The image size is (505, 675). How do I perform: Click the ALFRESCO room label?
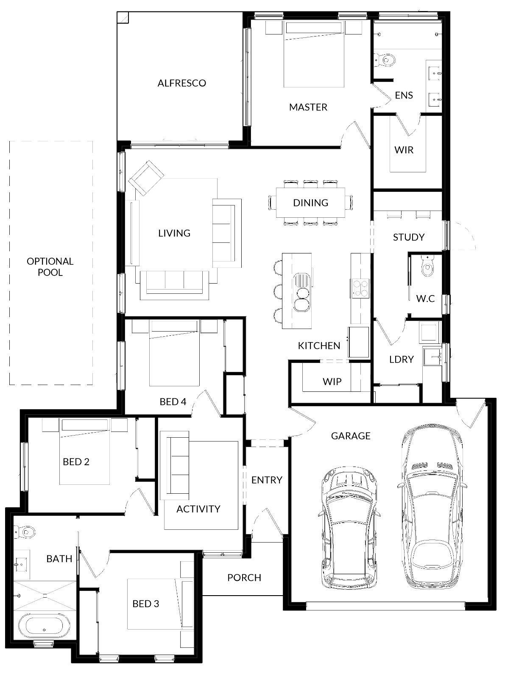click(181, 83)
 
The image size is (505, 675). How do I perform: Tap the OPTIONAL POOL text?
click(50, 267)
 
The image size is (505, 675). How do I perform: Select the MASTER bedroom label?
click(308, 107)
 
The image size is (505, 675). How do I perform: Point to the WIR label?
click(404, 150)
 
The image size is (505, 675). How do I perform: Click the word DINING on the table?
click(310, 202)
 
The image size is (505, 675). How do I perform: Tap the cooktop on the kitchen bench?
click(360, 288)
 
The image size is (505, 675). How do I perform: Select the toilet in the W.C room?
click(427, 266)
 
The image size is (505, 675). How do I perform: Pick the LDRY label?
click(401, 359)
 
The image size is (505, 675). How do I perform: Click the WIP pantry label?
click(332, 382)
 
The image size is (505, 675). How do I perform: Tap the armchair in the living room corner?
click(146, 177)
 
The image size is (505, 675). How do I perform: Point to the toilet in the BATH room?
click(25, 532)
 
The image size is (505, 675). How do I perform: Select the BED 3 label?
click(145, 604)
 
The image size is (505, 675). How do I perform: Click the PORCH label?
click(244, 577)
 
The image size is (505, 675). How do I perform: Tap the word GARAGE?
click(351, 436)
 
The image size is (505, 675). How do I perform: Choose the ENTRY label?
click(267, 480)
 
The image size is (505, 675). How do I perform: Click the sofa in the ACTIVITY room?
click(174, 466)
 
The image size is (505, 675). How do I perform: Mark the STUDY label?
click(409, 237)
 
